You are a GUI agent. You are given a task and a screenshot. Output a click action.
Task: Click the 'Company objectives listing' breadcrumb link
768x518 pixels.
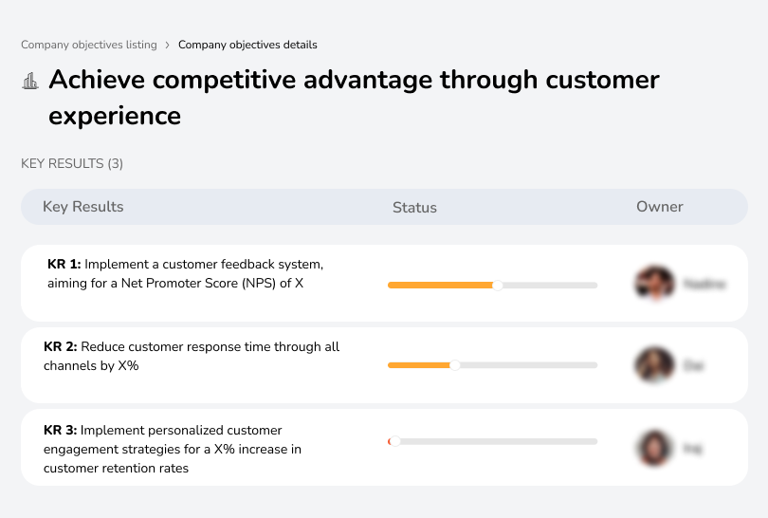(x=89, y=45)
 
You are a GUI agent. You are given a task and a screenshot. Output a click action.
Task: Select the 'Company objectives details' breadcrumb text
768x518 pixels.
(x=247, y=45)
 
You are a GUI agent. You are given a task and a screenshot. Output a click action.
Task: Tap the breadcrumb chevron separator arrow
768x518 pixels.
(x=168, y=45)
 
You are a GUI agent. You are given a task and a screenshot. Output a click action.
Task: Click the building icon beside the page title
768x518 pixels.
(x=30, y=81)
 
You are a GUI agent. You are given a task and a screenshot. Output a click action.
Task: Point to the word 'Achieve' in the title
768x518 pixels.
(x=97, y=80)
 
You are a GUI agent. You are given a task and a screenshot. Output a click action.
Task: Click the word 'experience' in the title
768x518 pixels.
(x=115, y=116)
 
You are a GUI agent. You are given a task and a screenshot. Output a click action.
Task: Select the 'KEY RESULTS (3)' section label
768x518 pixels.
(x=72, y=164)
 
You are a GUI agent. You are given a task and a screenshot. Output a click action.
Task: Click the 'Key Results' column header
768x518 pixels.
(x=83, y=207)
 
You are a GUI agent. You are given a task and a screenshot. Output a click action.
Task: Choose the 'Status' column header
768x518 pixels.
(x=414, y=208)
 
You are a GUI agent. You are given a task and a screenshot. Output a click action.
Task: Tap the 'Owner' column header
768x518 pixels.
(x=660, y=207)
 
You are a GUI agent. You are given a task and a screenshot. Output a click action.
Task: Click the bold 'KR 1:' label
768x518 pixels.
(x=64, y=265)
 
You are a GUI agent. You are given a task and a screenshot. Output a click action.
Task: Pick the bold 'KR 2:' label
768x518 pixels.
(x=61, y=347)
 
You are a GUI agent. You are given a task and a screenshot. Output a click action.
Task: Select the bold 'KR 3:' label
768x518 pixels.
(x=61, y=430)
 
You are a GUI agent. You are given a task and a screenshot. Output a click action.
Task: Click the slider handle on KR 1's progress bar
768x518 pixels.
(x=498, y=285)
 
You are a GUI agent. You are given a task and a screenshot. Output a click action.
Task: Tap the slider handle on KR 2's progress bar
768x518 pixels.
(x=455, y=365)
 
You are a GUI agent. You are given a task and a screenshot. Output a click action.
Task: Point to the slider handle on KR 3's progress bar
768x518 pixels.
(x=394, y=441)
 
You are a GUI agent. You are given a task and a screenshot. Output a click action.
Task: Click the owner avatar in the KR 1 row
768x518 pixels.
(x=654, y=283)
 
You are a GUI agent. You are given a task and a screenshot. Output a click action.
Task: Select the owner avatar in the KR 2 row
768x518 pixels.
(x=654, y=365)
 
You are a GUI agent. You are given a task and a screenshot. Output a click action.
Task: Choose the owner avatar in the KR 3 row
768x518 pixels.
(x=654, y=448)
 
